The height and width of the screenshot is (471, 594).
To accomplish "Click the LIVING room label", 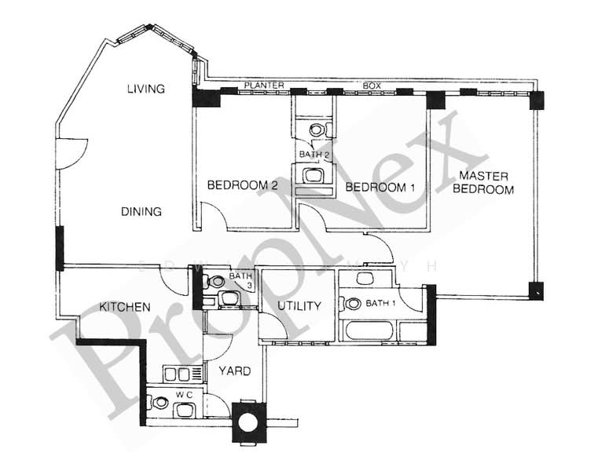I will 146,89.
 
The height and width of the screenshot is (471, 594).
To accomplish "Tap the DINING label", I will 141,211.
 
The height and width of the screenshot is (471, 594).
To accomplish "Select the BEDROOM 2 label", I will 243,186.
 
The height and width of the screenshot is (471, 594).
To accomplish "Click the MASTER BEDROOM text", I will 486,182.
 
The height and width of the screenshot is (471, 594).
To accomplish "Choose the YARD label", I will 234,371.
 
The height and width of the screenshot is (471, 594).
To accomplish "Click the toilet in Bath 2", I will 317,130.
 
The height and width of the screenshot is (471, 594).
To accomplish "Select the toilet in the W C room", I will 160,403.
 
